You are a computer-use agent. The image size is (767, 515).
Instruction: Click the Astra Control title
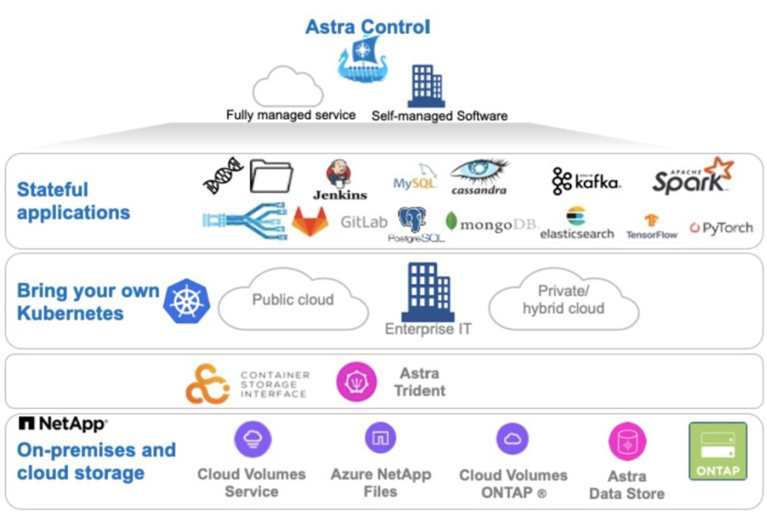pyautogui.click(x=368, y=26)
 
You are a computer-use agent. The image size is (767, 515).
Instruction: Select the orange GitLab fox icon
pyautogui.click(x=310, y=222)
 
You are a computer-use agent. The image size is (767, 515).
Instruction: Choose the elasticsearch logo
pyautogui.click(x=576, y=224)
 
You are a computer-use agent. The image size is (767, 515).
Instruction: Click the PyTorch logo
pyautogui.click(x=721, y=228)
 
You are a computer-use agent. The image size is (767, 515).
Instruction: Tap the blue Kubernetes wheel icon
pyautogui.click(x=186, y=301)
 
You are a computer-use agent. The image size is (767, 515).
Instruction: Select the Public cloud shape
pyautogui.click(x=292, y=301)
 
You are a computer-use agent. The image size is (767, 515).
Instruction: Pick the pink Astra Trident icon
pyautogui.click(x=356, y=383)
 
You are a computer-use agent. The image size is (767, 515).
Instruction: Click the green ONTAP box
pyautogui.click(x=717, y=451)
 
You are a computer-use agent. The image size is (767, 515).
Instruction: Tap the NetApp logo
pyautogui.click(x=62, y=424)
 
